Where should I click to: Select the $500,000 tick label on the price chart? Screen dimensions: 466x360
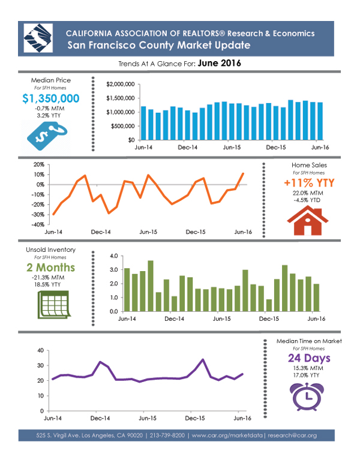[122, 126]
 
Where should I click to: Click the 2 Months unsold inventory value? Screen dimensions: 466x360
[51, 267]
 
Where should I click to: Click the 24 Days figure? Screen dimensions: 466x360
[309, 359]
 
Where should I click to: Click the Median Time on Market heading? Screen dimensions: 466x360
[309, 341]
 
